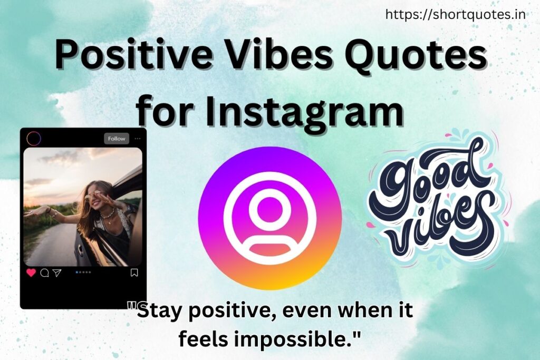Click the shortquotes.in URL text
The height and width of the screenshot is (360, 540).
455,15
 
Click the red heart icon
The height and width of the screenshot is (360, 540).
31,273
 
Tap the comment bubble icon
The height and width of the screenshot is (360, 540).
44,273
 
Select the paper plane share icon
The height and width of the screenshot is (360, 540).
57,273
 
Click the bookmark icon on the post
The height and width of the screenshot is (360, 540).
134,273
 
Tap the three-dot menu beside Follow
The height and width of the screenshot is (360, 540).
138,139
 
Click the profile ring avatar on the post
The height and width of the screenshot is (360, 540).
34,139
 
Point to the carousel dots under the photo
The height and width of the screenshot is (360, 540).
83,272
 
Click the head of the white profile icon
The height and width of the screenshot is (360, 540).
269,210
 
